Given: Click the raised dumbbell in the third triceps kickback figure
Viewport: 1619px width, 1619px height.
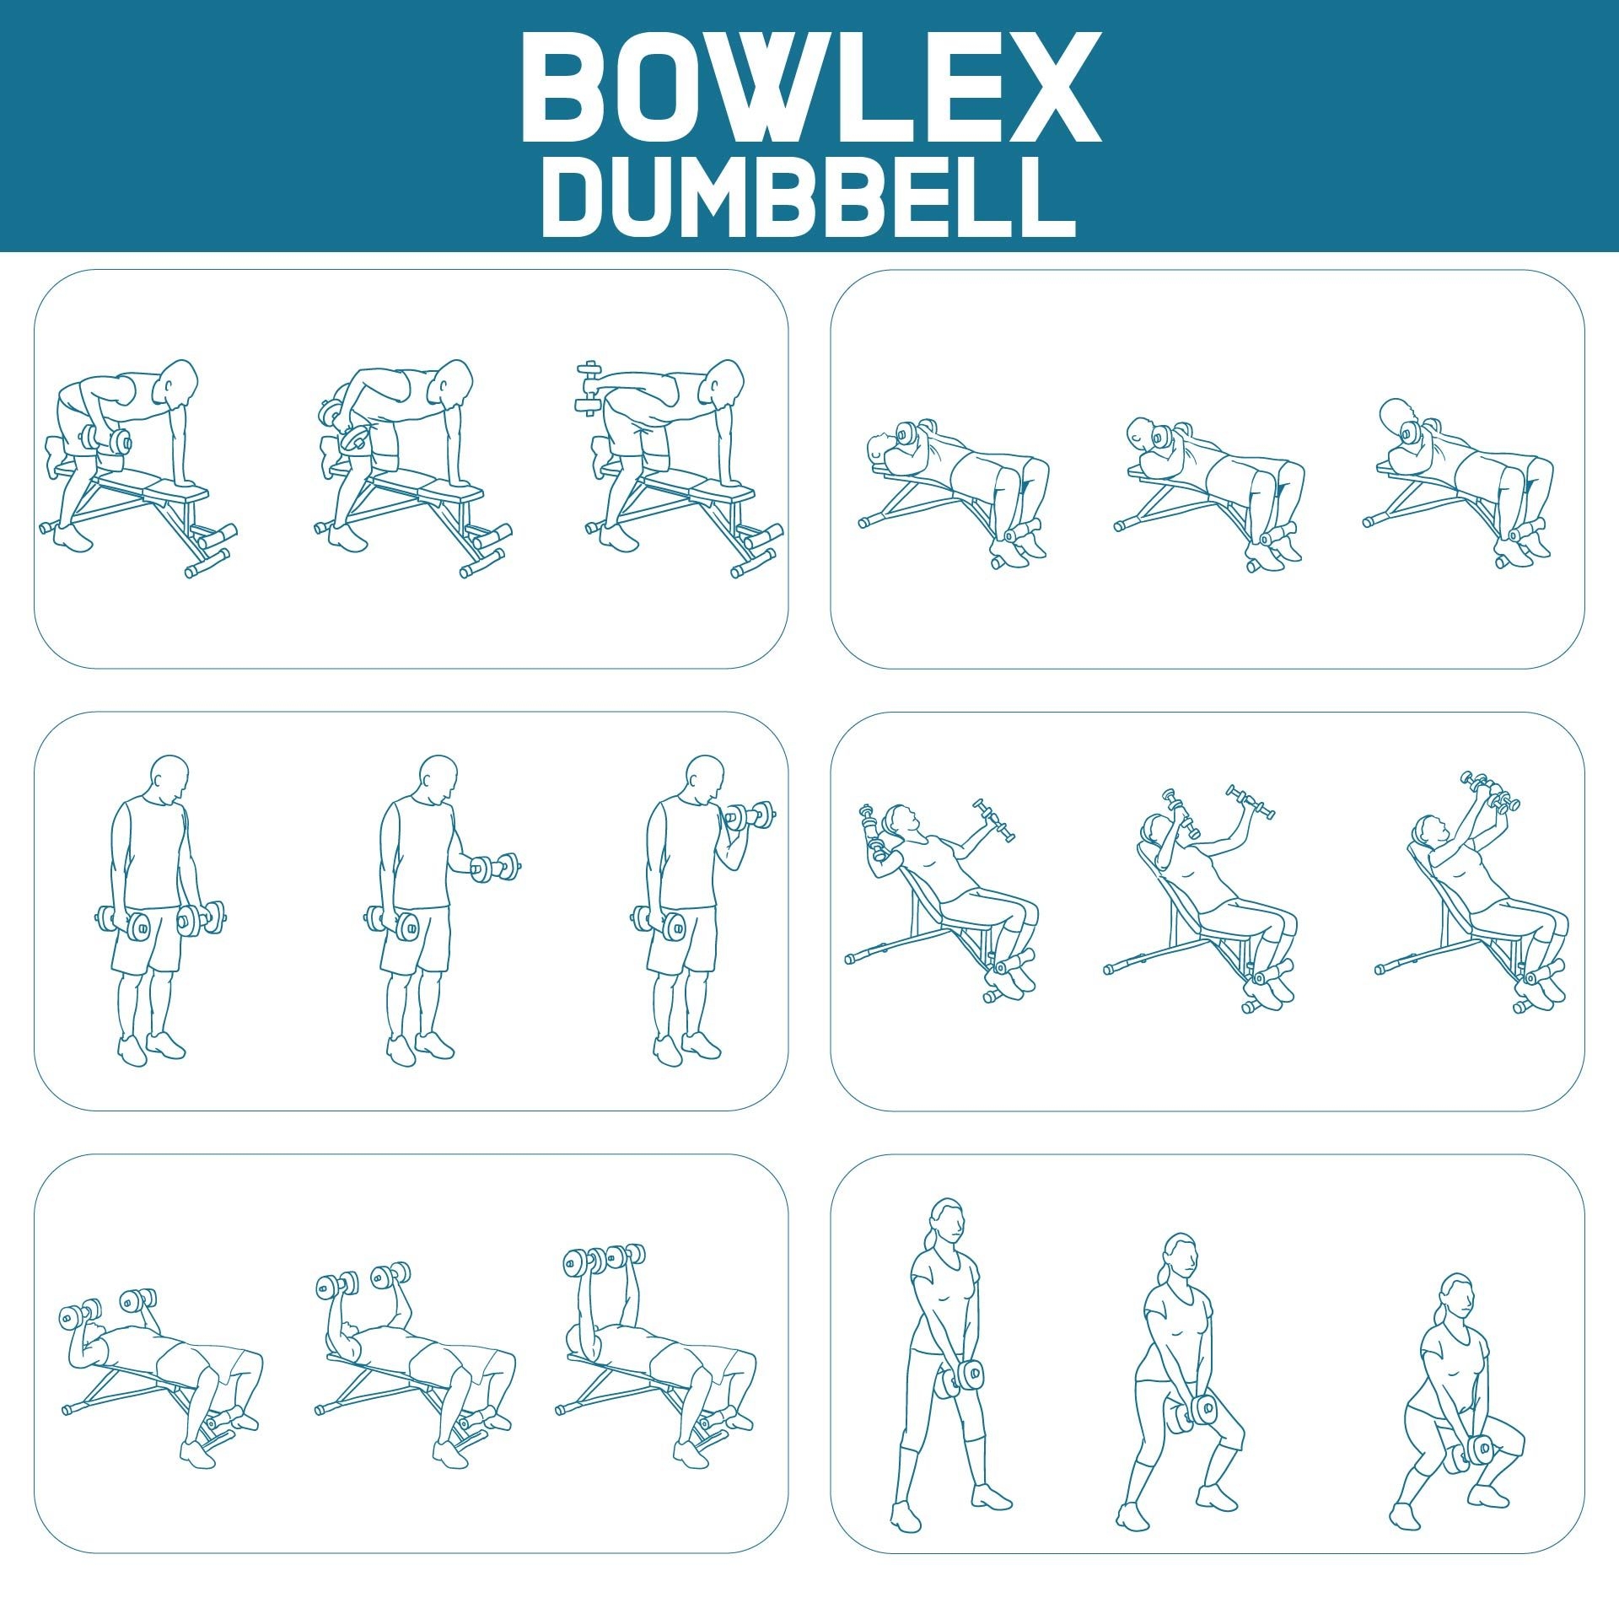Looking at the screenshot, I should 588,388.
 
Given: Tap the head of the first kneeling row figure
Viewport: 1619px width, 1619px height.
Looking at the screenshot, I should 179,383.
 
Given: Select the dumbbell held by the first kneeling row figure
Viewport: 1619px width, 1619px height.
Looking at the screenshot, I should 106,441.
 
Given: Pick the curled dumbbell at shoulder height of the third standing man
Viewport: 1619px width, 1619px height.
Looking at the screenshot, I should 749,816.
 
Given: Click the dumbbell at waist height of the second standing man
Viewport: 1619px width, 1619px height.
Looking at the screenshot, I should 495,868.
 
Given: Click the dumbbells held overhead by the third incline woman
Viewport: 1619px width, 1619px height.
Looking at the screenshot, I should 1492,792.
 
